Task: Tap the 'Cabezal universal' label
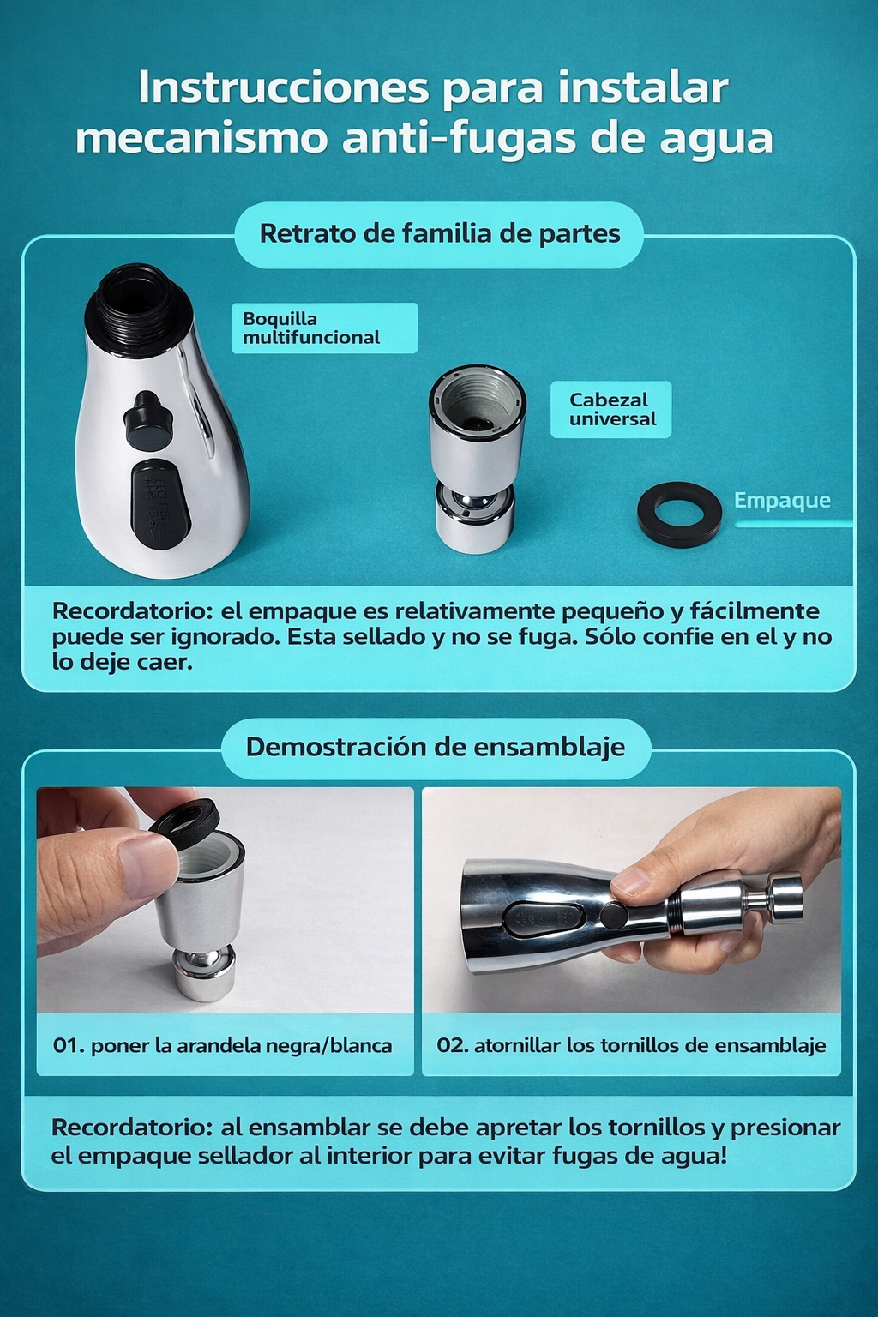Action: point(610,409)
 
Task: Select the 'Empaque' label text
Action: point(782,500)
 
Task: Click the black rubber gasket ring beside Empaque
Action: point(679,514)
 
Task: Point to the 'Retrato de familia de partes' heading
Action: point(439,233)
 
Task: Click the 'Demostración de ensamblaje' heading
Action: point(436,747)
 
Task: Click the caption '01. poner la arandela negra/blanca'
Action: point(223,1045)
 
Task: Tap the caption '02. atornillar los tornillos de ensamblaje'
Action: point(631,1045)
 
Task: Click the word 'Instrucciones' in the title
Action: point(283,87)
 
